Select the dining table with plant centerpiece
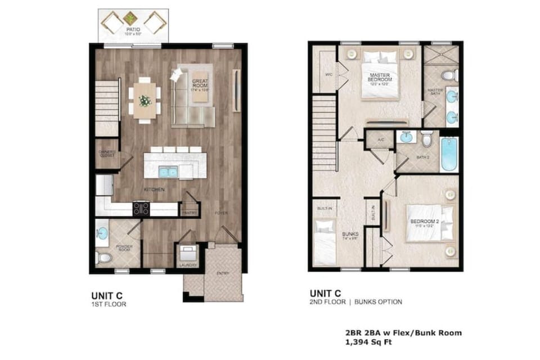[x=145, y=101]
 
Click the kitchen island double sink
[x=168, y=171]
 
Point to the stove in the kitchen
[x=141, y=209]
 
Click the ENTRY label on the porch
[x=224, y=273]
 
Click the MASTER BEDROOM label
[x=380, y=77]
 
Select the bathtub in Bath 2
[x=449, y=154]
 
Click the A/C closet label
[x=380, y=140]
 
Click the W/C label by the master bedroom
[x=328, y=73]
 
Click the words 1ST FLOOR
[x=109, y=304]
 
